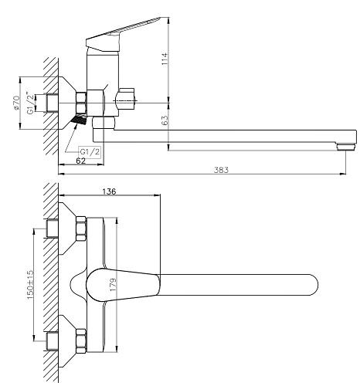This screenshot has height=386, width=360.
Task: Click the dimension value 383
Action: [x=221, y=170]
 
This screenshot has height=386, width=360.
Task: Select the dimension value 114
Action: [x=165, y=59]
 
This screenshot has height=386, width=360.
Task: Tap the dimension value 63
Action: [x=165, y=120]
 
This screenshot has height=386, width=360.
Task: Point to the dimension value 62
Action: [x=81, y=161]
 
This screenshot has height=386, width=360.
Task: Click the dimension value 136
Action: [x=109, y=191]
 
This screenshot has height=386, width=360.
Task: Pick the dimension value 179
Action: [x=114, y=284]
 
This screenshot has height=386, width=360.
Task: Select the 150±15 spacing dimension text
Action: [x=30, y=284]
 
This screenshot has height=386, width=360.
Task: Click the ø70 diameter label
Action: [x=16, y=103]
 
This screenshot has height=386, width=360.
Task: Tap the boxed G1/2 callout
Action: [x=90, y=152]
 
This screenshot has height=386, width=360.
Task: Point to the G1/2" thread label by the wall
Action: [x=30, y=103]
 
